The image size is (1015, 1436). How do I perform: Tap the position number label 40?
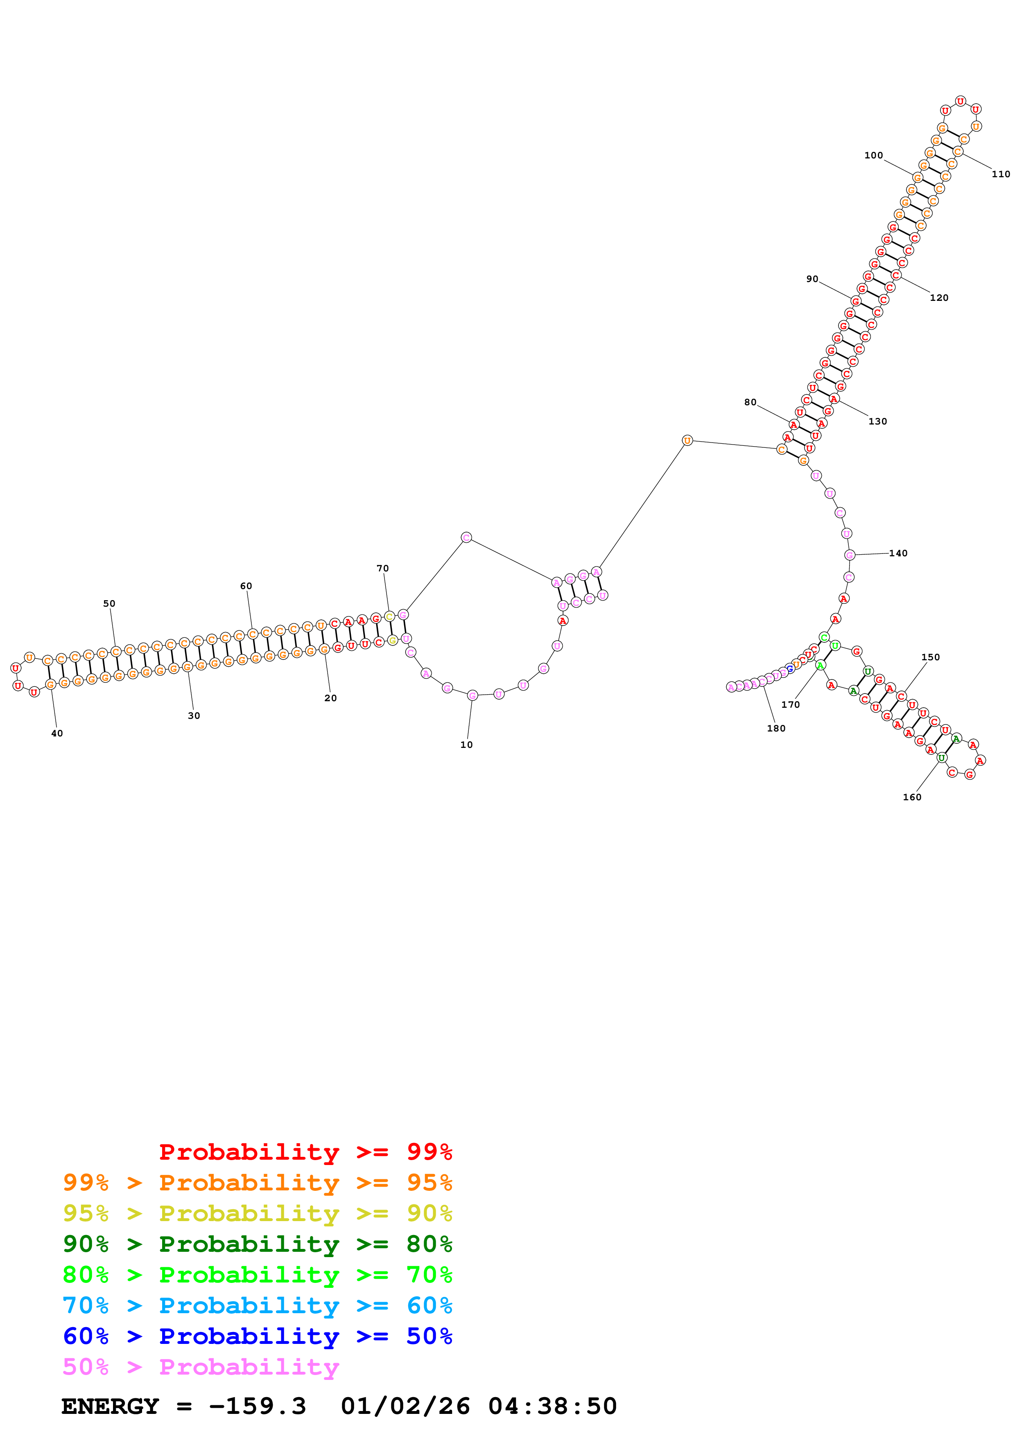[x=57, y=733]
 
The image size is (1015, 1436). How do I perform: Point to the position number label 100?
[x=874, y=155]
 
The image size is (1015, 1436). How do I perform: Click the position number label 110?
[x=1001, y=174]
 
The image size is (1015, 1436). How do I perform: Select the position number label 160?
[x=912, y=797]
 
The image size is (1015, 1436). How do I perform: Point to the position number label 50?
[x=109, y=603]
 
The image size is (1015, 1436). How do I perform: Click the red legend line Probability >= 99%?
[x=305, y=1152]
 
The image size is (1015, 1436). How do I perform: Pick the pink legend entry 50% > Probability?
[x=201, y=1367]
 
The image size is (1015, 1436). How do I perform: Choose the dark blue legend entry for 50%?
[x=257, y=1337]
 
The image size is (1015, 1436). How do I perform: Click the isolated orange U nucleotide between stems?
[x=687, y=440]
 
